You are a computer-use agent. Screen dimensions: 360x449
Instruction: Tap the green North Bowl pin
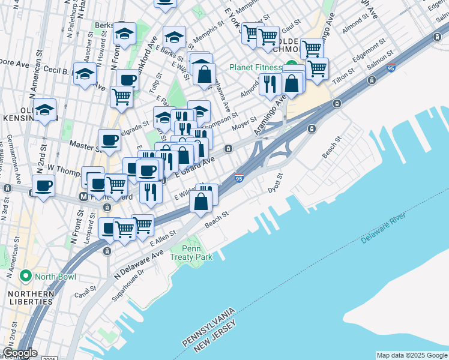[25, 276]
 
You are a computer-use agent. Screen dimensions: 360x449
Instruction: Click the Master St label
[83, 145]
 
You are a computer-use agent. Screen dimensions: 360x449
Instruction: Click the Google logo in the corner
[19, 353]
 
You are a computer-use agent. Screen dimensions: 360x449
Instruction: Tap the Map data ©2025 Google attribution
[412, 355]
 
